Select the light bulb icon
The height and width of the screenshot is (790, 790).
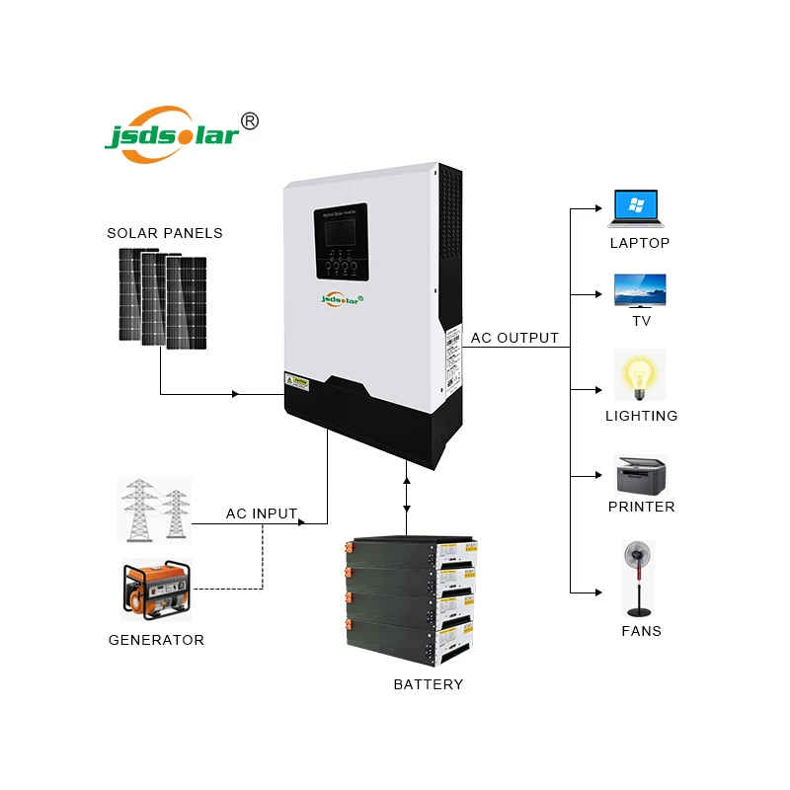[x=640, y=374]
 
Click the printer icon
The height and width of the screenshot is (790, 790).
[x=641, y=475]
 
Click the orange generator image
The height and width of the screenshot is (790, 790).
[x=155, y=590]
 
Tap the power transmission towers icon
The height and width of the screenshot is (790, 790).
[x=155, y=509]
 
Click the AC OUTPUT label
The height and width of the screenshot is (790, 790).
[x=514, y=338]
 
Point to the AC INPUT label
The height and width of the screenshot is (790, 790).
[x=262, y=513]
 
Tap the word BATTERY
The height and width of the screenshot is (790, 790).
[x=428, y=684]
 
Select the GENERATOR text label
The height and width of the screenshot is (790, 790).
[x=156, y=640]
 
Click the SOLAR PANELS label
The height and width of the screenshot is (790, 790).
[x=165, y=233]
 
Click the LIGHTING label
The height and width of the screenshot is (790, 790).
[x=641, y=416]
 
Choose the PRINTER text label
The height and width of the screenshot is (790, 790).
[x=641, y=507]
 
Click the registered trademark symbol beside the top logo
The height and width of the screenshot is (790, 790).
[x=250, y=120]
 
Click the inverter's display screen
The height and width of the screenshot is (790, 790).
[x=338, y=234]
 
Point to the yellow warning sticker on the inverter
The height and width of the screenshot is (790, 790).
[x=297, y=379]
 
